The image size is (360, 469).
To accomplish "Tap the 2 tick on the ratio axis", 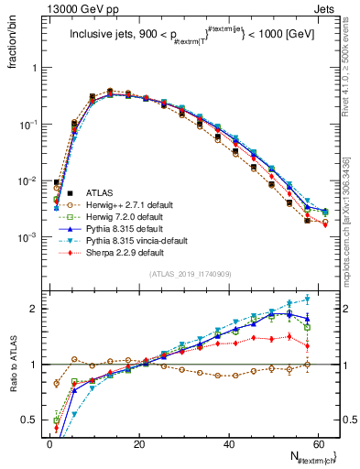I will pos(38,309).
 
